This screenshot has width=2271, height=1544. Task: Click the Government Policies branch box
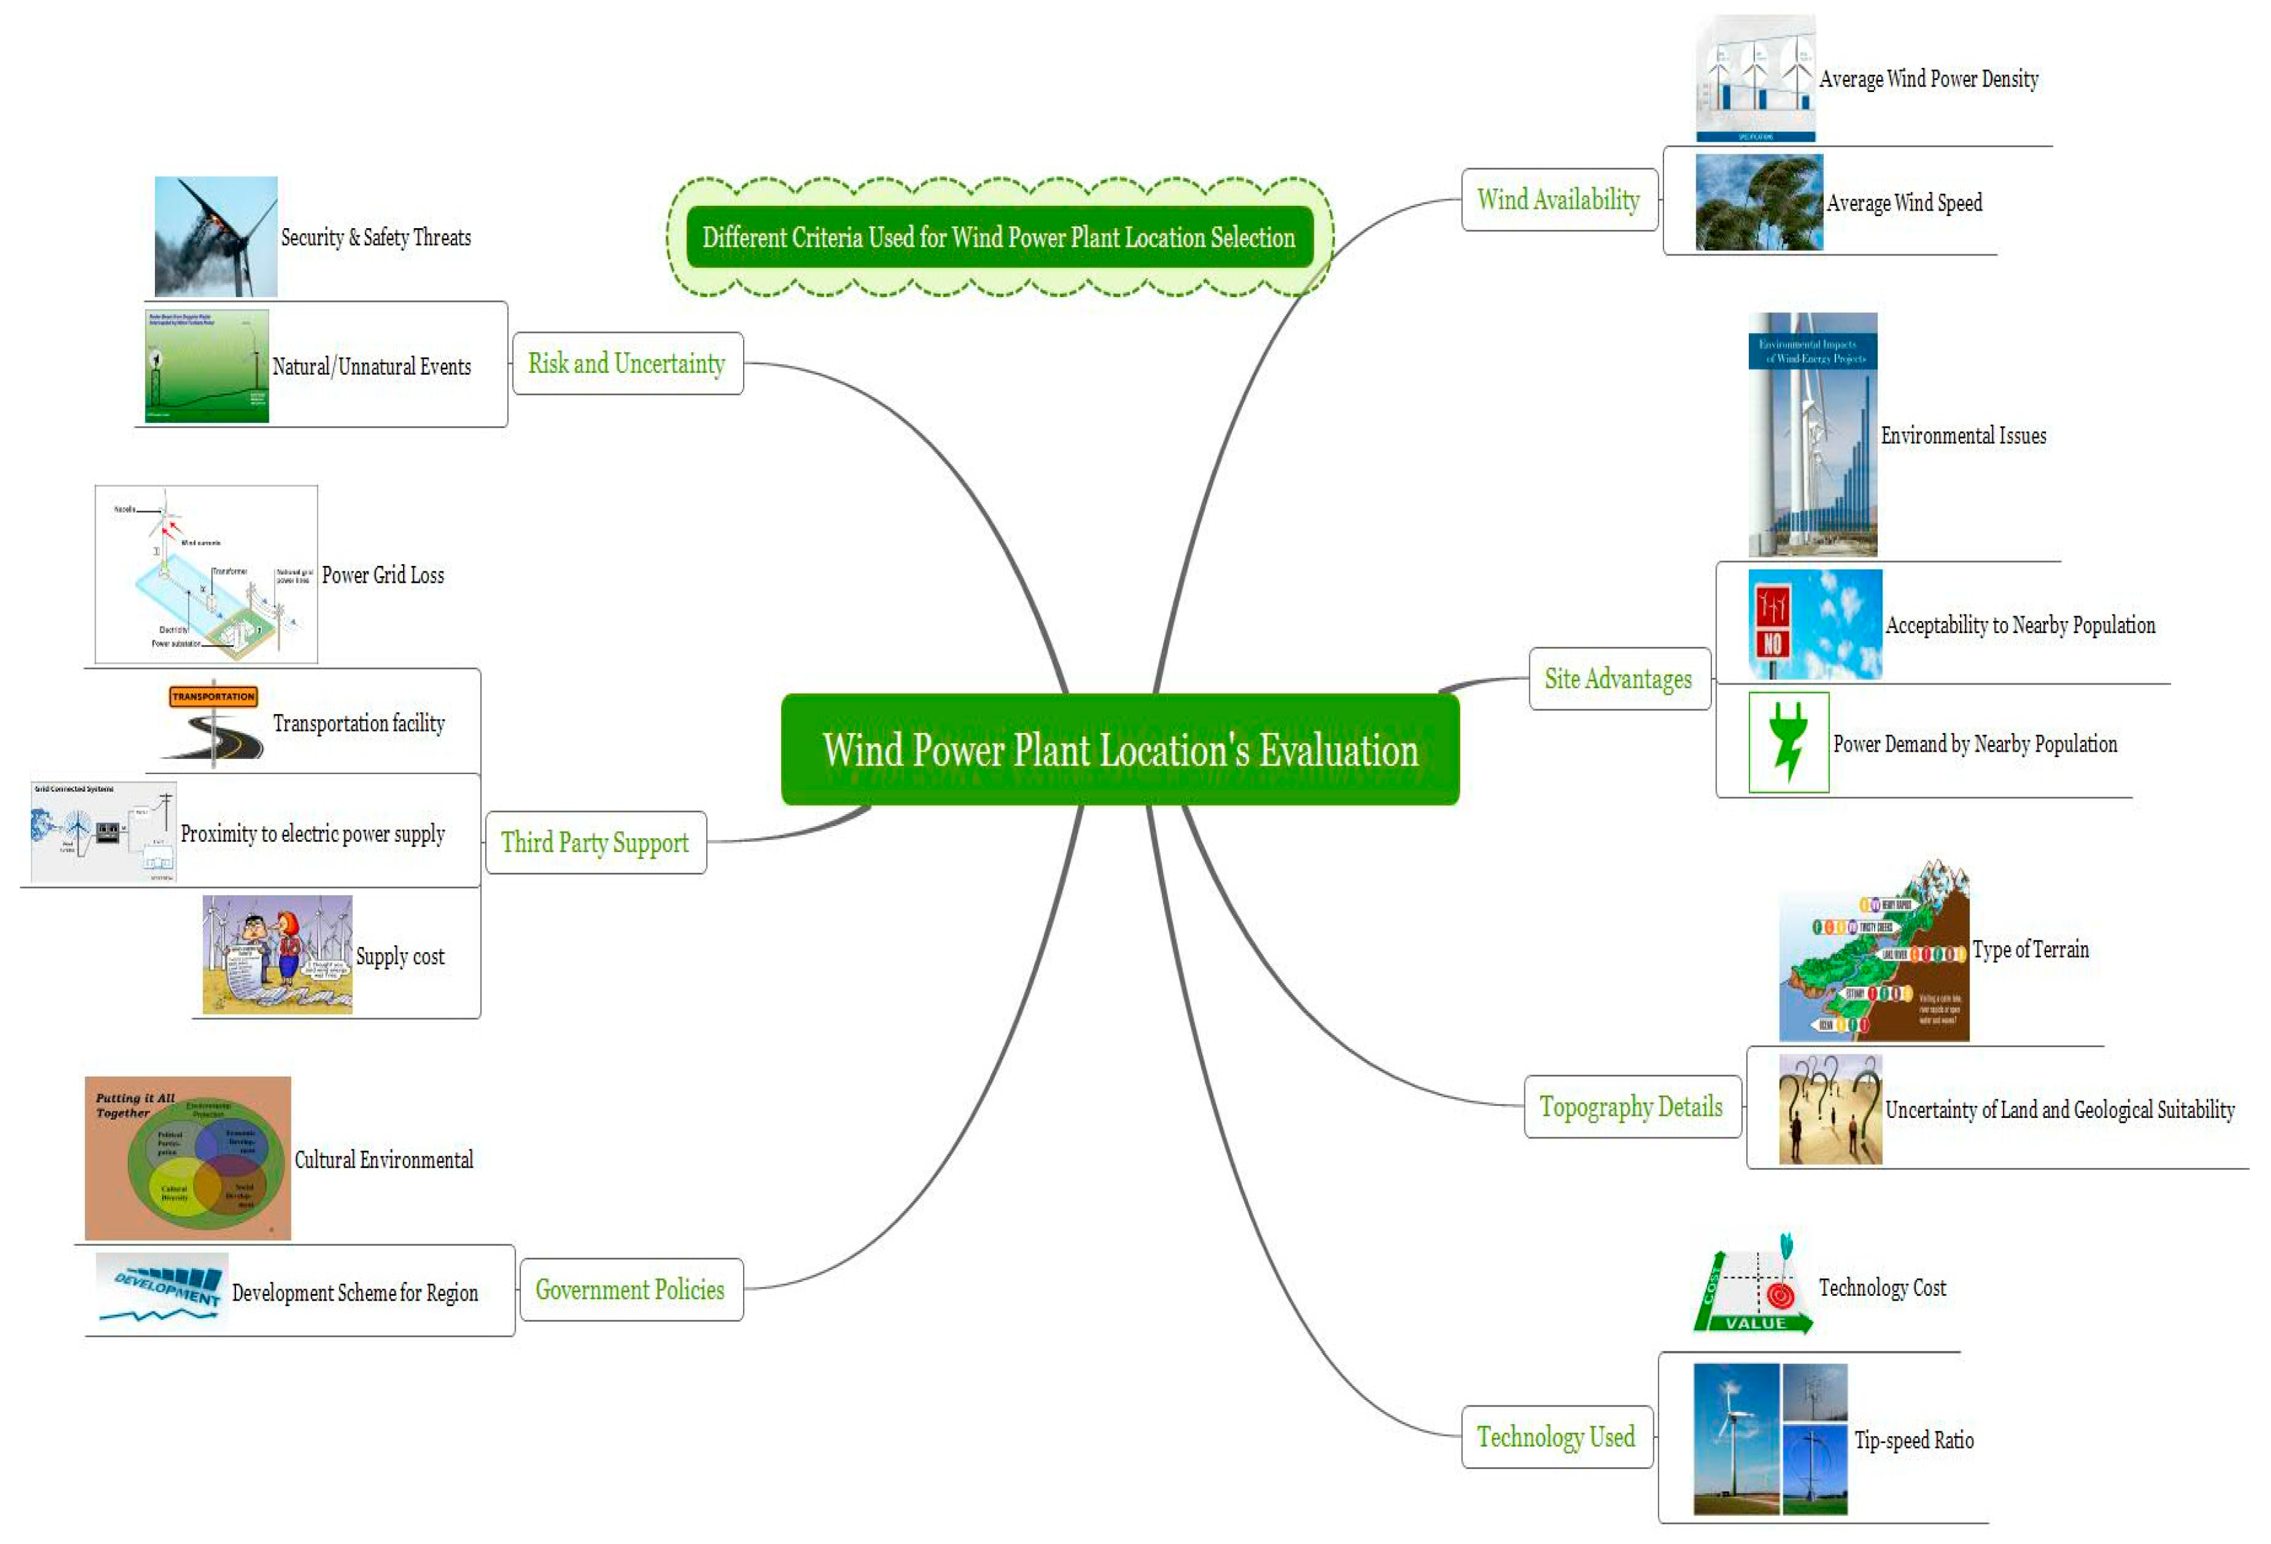(x=631, y=1290)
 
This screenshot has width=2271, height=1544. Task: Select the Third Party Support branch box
(x=595, y=843)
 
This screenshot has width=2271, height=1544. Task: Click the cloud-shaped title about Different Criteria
(x=998, y=237)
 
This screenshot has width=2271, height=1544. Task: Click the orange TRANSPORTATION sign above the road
(x=213, y=697)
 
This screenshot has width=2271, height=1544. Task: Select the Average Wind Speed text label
(x=1904, y=203)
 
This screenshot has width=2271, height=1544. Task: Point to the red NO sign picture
(x=1772, y=625)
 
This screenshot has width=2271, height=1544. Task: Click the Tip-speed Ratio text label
(x=1913, y=1441)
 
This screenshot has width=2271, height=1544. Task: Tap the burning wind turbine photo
(x=216, y=237)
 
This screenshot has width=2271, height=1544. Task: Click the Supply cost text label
(x=399, y=957)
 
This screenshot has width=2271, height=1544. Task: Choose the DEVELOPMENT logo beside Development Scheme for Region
(x=162, y=1288)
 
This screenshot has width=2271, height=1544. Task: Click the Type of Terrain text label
(x=2030, y=950)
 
